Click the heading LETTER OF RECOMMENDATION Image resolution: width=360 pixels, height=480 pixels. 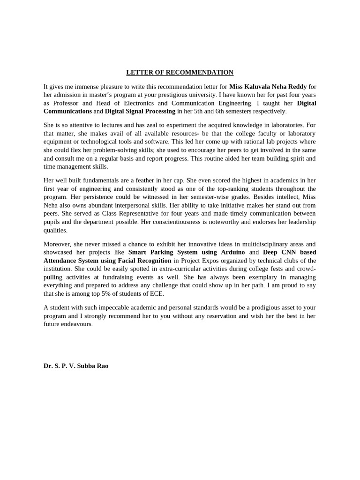(180, 73)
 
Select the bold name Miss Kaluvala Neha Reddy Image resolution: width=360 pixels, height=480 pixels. (268, 87)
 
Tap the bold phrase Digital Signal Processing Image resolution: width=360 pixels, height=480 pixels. (140, 112)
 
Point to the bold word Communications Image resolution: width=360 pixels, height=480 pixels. (67, 112)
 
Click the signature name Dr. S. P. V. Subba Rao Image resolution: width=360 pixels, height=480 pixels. (76, 366)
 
